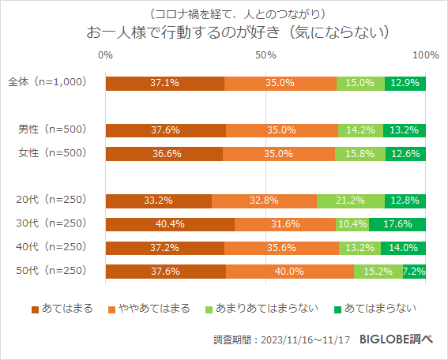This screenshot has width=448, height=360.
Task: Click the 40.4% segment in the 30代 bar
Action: [x=170, y=224]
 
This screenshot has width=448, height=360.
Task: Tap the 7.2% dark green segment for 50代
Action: [x=415, y=272]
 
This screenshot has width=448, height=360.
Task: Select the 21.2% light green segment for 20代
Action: [x=351, y=201]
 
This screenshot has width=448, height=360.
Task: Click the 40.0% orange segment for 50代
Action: [x=290, y=272]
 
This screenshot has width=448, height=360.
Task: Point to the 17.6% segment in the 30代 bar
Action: [x=397, y=224]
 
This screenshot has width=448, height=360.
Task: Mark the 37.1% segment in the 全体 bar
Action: [x=164, y=82]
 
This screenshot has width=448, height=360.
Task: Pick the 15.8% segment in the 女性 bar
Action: [x=360, y=153]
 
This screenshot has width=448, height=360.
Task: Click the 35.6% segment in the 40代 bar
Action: [x=281, y=248]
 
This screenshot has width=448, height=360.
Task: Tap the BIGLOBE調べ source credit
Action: [x=396, y=339]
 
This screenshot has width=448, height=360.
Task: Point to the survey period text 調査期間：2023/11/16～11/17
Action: [x=281, y=340]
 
